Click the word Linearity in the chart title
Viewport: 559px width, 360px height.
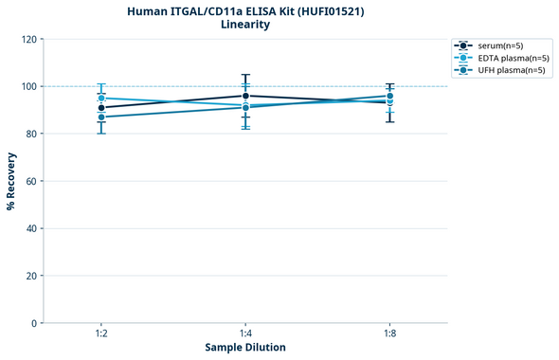(x=245, y=25)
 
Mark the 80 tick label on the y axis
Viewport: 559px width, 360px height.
(x=31, y=135)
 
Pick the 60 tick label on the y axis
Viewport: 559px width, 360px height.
(x=31, y=181)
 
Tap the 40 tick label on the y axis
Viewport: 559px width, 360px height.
(x=31, y=228)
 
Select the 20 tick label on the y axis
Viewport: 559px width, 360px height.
(x=31, y=276)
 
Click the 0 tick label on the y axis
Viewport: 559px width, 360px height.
(x=34, y=323)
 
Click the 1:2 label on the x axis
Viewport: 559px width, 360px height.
(x=101, y=334)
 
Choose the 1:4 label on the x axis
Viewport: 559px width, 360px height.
(x=245, y=334)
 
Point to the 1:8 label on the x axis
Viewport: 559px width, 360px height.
(x=389, y=334)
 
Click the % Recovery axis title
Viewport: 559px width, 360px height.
(x=11, y=181)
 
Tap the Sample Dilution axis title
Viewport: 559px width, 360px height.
(x=245, y=348)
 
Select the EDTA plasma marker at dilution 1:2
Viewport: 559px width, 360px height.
(x=101, y=99)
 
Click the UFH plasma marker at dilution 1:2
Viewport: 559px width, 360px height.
(x=101, y=117)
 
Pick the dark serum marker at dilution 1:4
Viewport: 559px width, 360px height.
(x=245, y=96)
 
